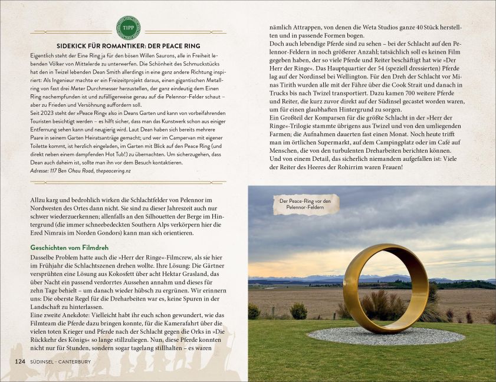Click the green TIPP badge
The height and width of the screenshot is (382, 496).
click(x=128, y=28)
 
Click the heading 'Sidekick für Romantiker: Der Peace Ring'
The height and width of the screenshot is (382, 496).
click(x=128, y=46)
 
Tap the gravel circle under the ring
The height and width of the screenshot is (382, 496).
click(x=386, y=337)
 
